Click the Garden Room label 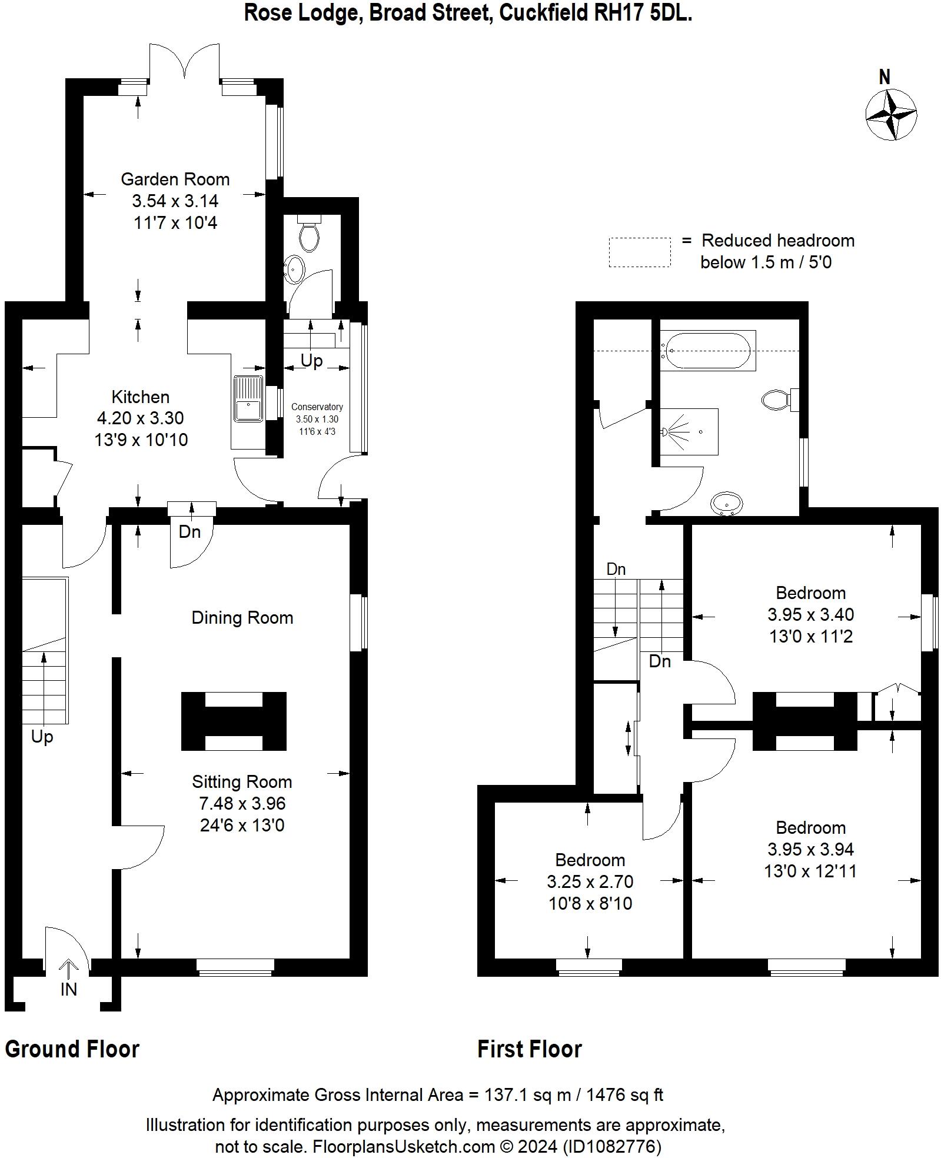click(175, 179)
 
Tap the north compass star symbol click(891, 114)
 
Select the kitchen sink click(249, 398)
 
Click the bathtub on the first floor click(707, 350)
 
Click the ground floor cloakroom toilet click(309, 235)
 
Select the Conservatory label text click(317, 407)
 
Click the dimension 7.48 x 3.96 click(242, 803)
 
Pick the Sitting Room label click(242, 781)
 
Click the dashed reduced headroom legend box click(639, 252)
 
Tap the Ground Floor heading click(72, 1049)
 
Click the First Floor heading click(529, 1049)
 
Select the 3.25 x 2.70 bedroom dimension click(590, 881)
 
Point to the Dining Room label click(242, 617)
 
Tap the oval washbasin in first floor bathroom click(727, 504)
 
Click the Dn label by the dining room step click(189, 532)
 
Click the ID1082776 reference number click(612, 1146)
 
